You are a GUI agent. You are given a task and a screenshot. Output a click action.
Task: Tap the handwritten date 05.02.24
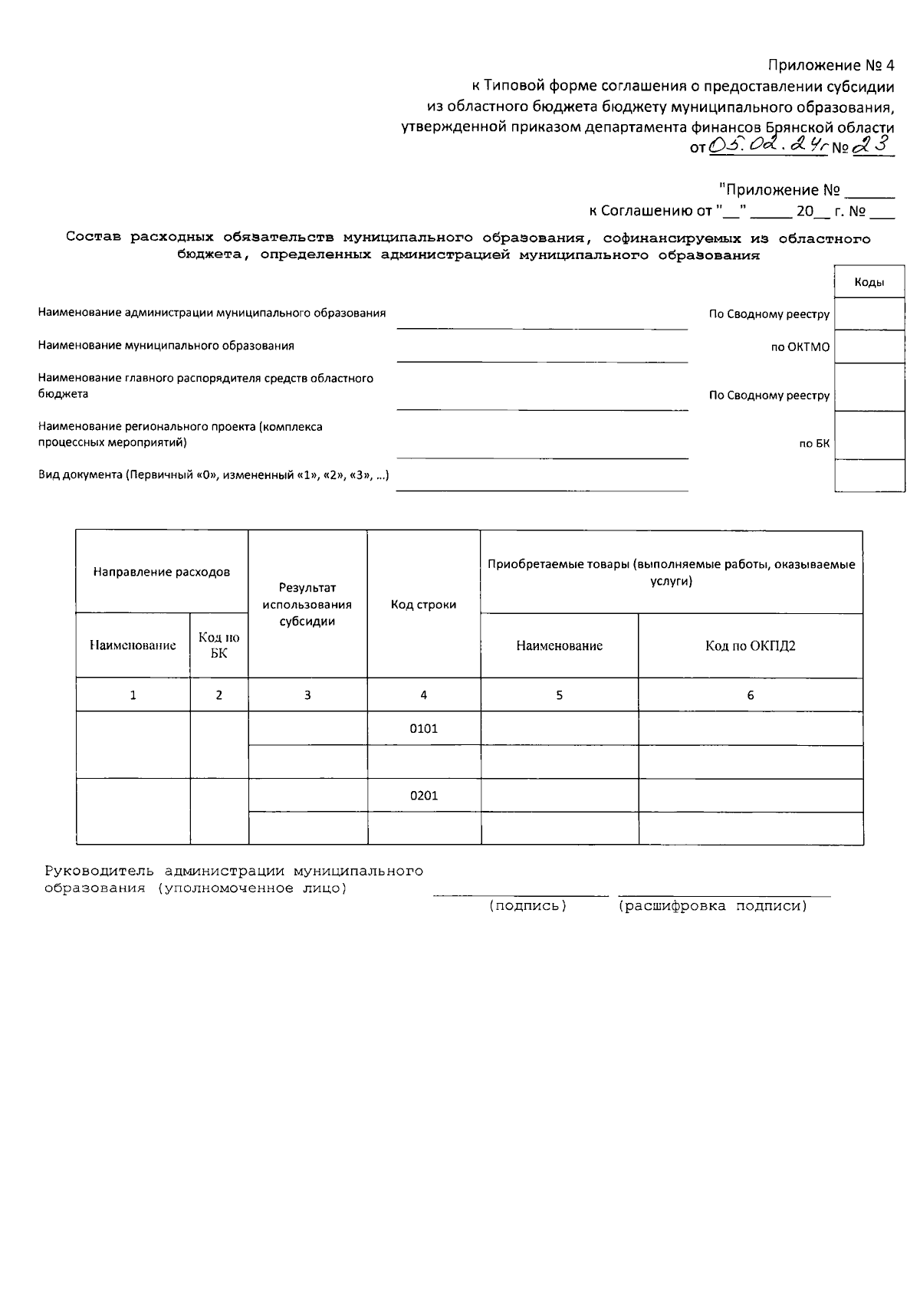tap(767, 144)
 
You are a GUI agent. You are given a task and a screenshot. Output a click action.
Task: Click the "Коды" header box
tap(869, 282)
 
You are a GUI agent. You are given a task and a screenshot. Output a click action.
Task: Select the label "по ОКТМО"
tap(800, 347)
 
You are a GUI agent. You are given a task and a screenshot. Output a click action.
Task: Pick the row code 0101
tap(423, 728)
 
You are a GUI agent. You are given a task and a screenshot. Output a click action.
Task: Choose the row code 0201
tap(423, 796)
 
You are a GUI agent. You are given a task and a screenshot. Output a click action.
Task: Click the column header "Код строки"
tap(423, 605)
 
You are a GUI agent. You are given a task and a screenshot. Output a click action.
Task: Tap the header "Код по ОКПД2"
tap(750, 645)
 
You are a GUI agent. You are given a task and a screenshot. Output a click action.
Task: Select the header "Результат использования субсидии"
tap(307, 604)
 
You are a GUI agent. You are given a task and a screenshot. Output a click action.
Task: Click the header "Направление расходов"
tap(161, 572)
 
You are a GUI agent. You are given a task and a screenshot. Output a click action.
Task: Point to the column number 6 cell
tap(750, 695)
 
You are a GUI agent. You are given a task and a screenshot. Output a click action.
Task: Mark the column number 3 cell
tap(307, 695)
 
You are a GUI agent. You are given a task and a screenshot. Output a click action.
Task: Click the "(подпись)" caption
tap(528, 906)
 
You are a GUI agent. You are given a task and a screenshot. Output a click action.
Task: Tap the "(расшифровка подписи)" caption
tap(713, 906)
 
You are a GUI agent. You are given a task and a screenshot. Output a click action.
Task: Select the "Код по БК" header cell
tap(219, 645)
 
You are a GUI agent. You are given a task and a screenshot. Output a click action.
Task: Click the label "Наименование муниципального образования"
tap(166, 346)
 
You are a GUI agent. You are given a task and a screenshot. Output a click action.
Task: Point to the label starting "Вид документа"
tap(214, 475)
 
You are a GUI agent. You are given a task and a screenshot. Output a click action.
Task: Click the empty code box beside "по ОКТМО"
tap(869, 346)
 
